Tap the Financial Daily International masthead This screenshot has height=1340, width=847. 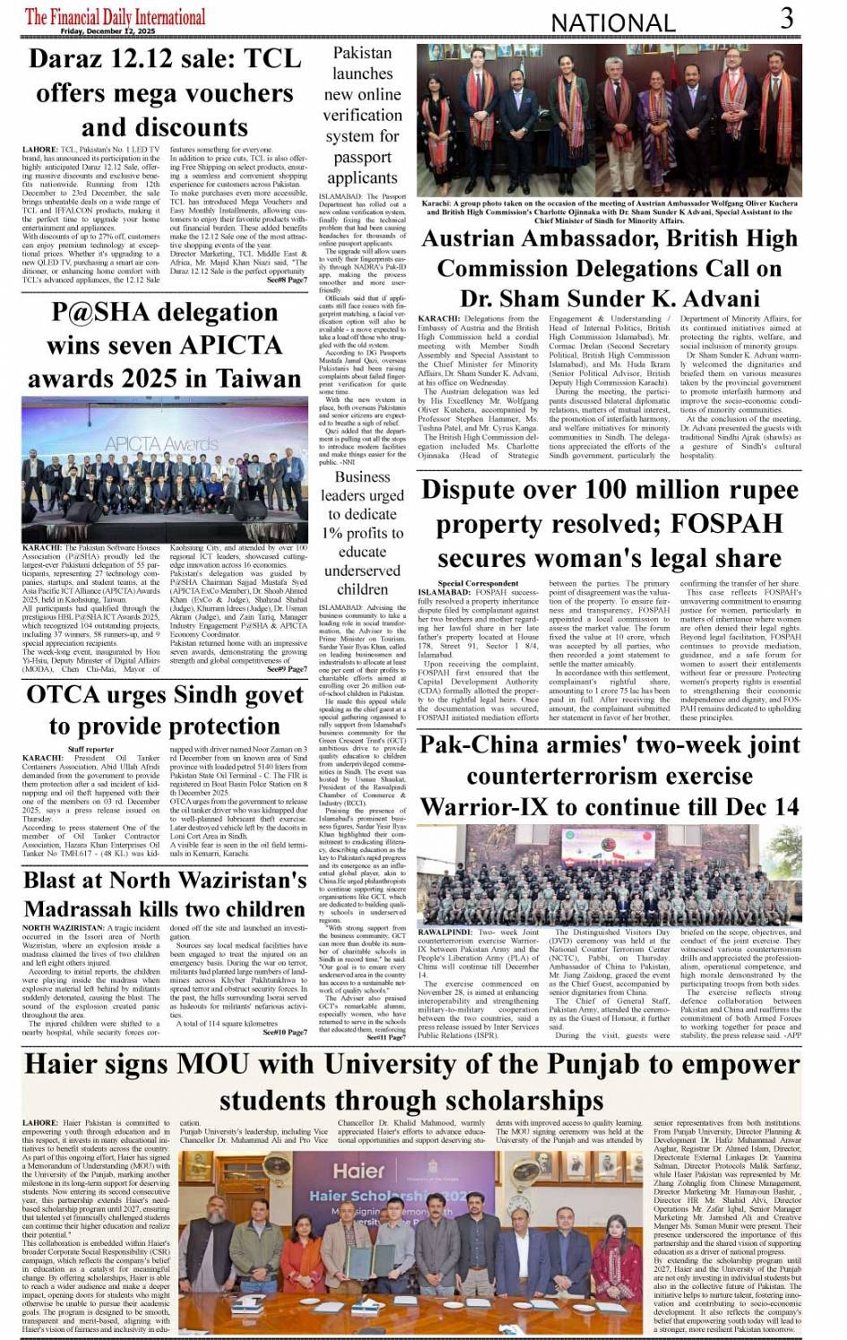point(115,17)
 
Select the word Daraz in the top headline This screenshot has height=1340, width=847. point(74,59)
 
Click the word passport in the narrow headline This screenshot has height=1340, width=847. point(362,157)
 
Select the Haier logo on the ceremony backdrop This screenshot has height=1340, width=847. point(359,1170)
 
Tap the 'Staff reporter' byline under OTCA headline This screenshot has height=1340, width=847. point(91,749)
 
